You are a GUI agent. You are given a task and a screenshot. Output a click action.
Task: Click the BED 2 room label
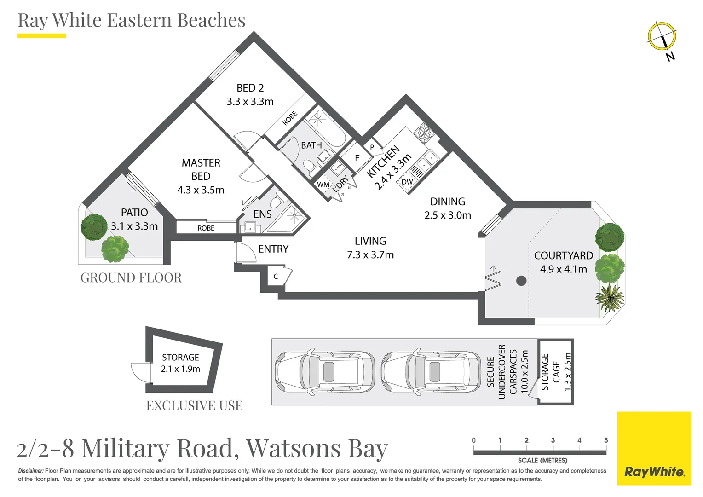[250, 88]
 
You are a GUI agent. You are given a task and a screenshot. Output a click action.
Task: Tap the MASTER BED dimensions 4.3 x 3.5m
[201, 190]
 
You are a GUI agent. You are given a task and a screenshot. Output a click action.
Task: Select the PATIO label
[134, 213]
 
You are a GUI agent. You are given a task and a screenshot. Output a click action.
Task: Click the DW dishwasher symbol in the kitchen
[407, 182]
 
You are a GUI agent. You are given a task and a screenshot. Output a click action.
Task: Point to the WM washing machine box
[323, 185]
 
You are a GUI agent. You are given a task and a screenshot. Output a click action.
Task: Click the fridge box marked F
[357, 158]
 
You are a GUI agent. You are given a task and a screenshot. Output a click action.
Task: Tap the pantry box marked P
[372, 147]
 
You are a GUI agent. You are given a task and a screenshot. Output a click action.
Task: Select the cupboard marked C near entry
[276, 277]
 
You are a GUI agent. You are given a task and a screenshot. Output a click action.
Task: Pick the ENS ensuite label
[262, 214]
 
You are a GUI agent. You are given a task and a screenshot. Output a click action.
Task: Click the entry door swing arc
[246, 252]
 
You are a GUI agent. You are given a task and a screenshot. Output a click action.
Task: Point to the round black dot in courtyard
[521, 280]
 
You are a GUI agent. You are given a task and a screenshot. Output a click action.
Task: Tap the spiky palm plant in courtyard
[609, 297]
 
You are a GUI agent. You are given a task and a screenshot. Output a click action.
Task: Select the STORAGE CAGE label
[550, 372]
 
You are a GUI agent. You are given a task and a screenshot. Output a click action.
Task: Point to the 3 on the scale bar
[553, 440]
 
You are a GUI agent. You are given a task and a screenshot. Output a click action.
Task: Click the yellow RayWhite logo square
[654, 448]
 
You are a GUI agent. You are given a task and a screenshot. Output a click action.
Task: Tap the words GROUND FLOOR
[131, 278]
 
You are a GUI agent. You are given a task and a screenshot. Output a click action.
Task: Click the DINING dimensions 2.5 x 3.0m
[447, 215]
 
